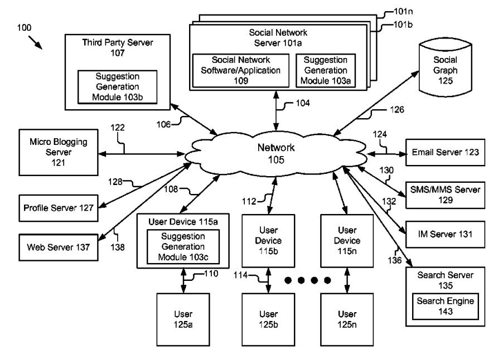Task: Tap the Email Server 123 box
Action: coord(445,152)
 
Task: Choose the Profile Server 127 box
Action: coord(59,208)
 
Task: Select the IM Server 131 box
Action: coord(445,235)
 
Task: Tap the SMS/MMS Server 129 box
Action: coord(445,194)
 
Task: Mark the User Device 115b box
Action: coord(269,240)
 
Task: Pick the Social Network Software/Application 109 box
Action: coord(240,70)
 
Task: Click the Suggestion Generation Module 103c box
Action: coord(182,246)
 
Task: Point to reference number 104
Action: coord(302,103)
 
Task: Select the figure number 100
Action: coord(25,27)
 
